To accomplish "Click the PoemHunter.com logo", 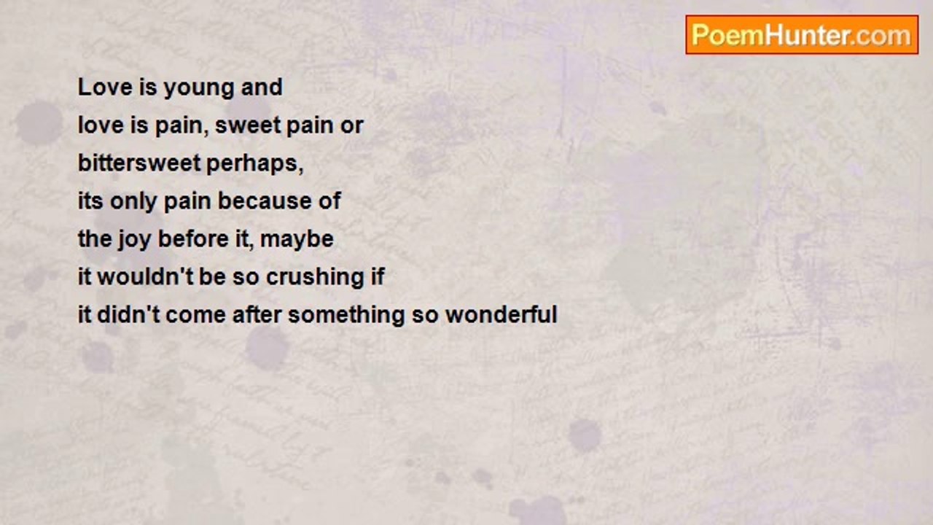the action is [x=802, y=35].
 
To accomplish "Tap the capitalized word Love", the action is [x=105, y=87].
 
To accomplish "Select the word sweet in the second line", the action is [x=248, y=125].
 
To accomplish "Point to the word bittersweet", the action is [x=140, y=163].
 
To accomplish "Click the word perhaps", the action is [x=254, y=165].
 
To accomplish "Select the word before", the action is [x=194, y=238].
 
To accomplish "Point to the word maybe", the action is [x=297, y=241].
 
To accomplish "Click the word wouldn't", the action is [x=145, y=276].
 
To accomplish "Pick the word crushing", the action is [x=315, y=279].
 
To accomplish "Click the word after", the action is [x=257, y=314].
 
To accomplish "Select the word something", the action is [x=346, y=316].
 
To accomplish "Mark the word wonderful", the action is [x=501, y=314].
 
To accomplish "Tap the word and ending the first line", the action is [x=262, y=87].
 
